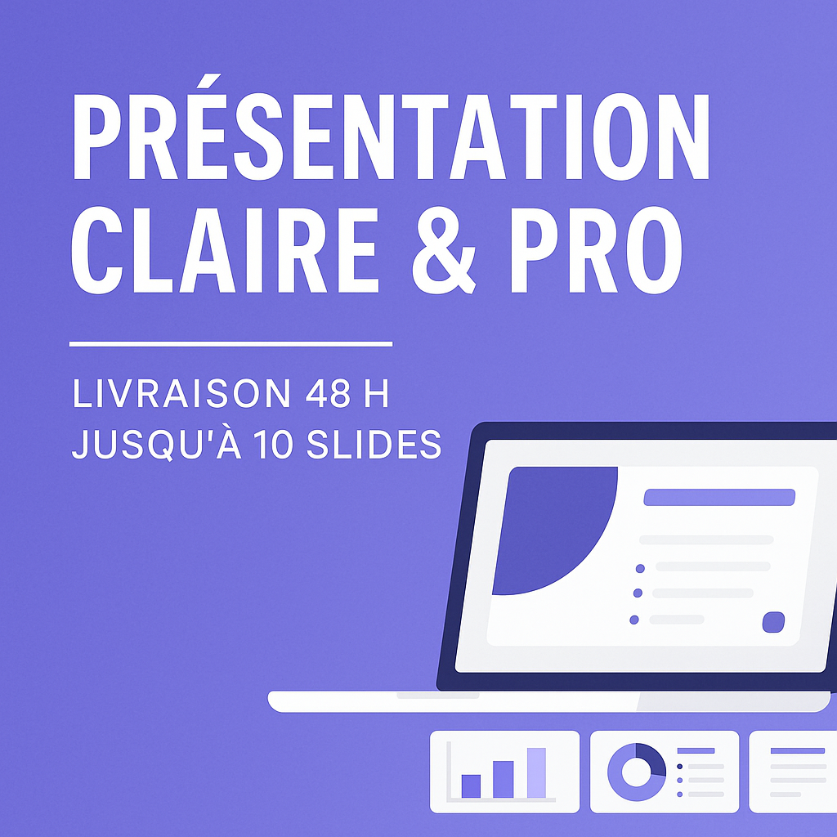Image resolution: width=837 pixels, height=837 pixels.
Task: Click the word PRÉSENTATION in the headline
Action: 391,137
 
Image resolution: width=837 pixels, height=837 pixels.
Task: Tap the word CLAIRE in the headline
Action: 226,250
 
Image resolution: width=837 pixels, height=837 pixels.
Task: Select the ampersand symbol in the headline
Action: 444,250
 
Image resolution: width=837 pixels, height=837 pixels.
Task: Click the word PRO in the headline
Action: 596,250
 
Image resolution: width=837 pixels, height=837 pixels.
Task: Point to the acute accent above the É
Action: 208,81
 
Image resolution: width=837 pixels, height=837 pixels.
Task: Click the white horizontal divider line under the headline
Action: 231,344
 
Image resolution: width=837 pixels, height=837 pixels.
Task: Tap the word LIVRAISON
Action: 181,393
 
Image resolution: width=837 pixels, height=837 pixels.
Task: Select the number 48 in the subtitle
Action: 328,393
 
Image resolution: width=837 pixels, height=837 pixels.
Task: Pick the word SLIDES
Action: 374,444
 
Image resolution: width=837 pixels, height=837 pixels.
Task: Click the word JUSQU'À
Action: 156,442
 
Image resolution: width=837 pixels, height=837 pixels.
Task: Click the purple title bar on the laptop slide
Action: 719,497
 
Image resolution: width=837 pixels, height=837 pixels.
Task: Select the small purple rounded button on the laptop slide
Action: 773,622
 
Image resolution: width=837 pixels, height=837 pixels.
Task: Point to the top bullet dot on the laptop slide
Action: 640,569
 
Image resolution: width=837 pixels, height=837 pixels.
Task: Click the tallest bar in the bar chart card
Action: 536,772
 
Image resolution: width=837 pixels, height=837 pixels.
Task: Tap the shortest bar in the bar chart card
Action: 471,786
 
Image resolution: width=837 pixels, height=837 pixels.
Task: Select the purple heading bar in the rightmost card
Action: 798,750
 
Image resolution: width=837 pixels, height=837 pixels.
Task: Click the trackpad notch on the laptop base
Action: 438,695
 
